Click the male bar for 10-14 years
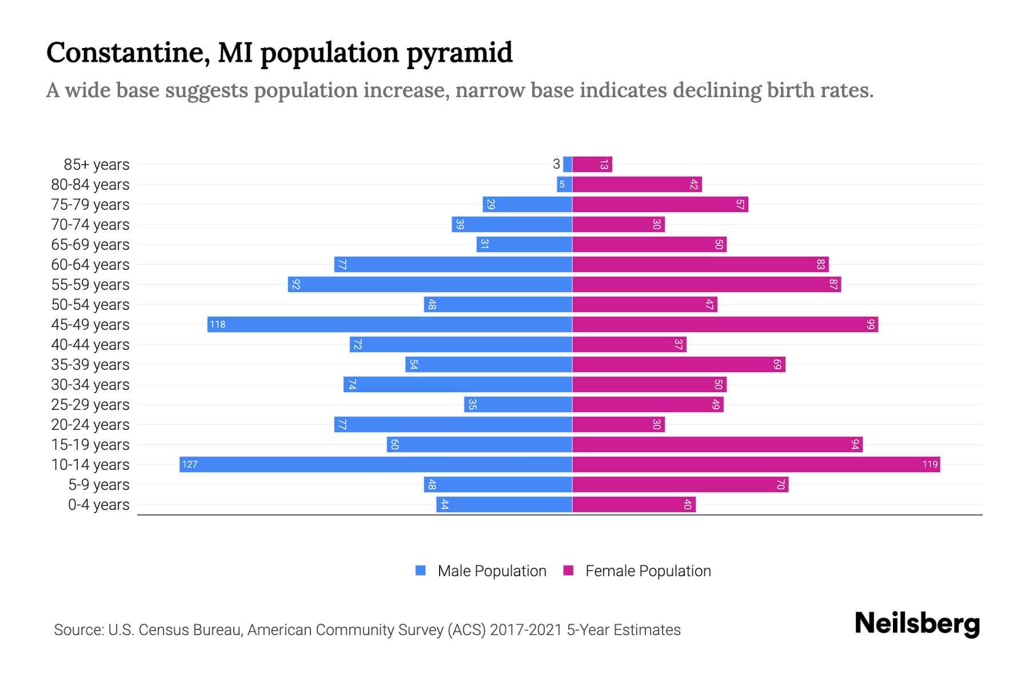[x=376, y=464]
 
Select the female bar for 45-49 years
[x=725, y=324]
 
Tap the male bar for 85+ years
[x=567, y=164]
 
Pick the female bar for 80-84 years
[x=637, y=184]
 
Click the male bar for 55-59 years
[x=430, y=284]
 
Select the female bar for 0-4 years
[x=633, y=504]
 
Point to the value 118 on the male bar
[x=217, y=324]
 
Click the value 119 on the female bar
[x=930, y=464]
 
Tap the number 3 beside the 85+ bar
[x=556, y=164]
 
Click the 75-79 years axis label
[x=90, y=204]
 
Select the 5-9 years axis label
[x=98, y=484]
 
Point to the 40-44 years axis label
[x=90, y=344]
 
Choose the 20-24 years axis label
[x=90, y=424]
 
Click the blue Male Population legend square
[x=421, y=571]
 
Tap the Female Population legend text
[x=648, y=571]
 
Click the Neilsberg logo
[x=917, y=624]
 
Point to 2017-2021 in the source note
[x=526, y=629]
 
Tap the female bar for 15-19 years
[x=717, y=444]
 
